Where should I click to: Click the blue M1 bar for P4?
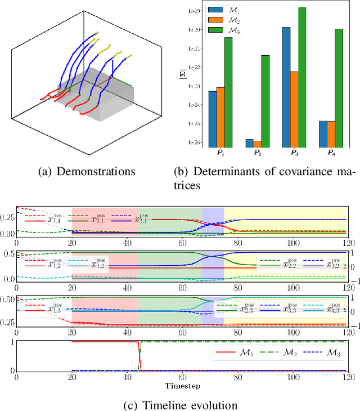(x=323, y=133)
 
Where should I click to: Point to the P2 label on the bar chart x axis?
(x=257, y=153)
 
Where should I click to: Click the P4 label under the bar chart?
(x=331, y=153)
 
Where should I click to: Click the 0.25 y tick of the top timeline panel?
(x=8, y=217)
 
